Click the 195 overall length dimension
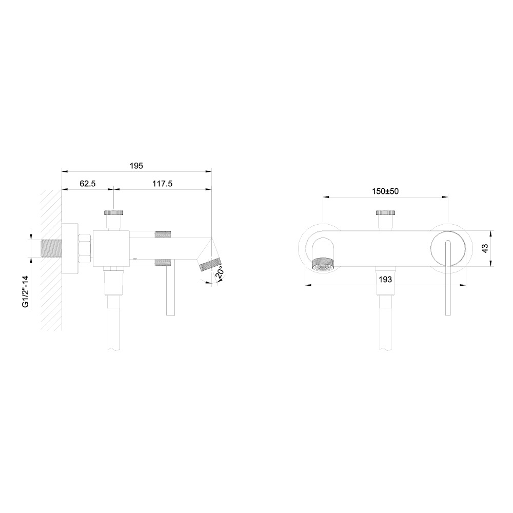click(136, 166)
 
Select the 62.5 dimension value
click(88, 184)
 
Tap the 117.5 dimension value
click(162, 184)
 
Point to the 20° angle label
click(220, 272)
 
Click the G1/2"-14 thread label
click(26, 292)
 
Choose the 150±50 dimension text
click(385, 191)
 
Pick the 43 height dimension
click(485, 248)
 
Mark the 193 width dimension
click(385, 280)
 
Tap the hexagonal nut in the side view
click(85, 248)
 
